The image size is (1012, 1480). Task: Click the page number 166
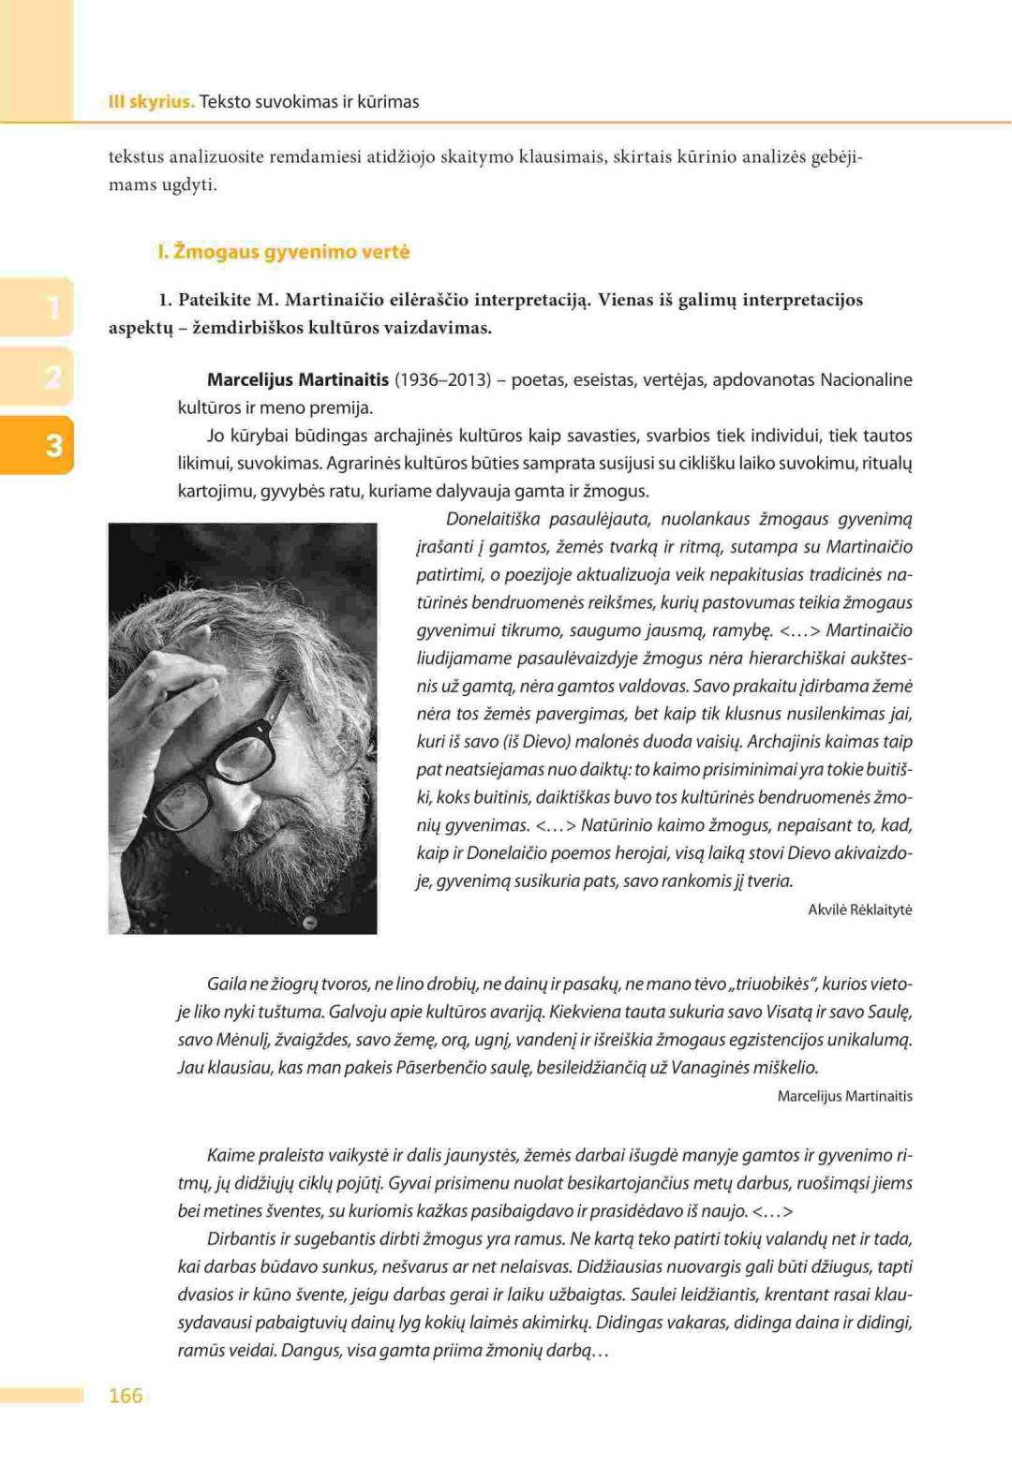[x=126, y=1396]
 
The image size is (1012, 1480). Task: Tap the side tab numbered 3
[x=52, y=445]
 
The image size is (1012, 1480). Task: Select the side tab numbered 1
[x=52, y=307]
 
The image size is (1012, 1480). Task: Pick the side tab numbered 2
[x=52, y=377]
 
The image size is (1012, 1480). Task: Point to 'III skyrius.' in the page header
[x=151, y=102]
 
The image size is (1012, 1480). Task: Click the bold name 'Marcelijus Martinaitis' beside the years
[x=297, y=380]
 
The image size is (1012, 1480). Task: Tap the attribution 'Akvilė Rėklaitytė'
[x=859, y=910]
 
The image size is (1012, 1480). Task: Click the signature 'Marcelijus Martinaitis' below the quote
[x=844, y=1096]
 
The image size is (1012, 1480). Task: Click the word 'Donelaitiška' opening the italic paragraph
[x=493, y=519]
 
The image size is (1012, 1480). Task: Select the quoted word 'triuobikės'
[x=775, y=984]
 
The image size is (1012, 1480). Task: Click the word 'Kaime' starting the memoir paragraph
[x=230, y=1155]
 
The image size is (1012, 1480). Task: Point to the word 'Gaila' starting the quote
[x=227, y=984]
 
